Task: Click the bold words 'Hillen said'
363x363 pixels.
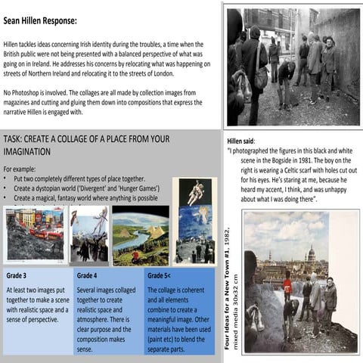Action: (241, 141)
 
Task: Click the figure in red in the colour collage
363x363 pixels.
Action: (287, 287)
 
